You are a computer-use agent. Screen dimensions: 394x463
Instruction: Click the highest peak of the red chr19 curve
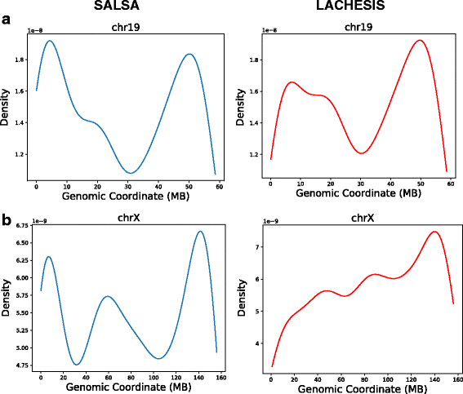[419, 41]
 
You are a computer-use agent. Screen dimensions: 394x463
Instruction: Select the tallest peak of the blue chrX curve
[200, 232]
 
